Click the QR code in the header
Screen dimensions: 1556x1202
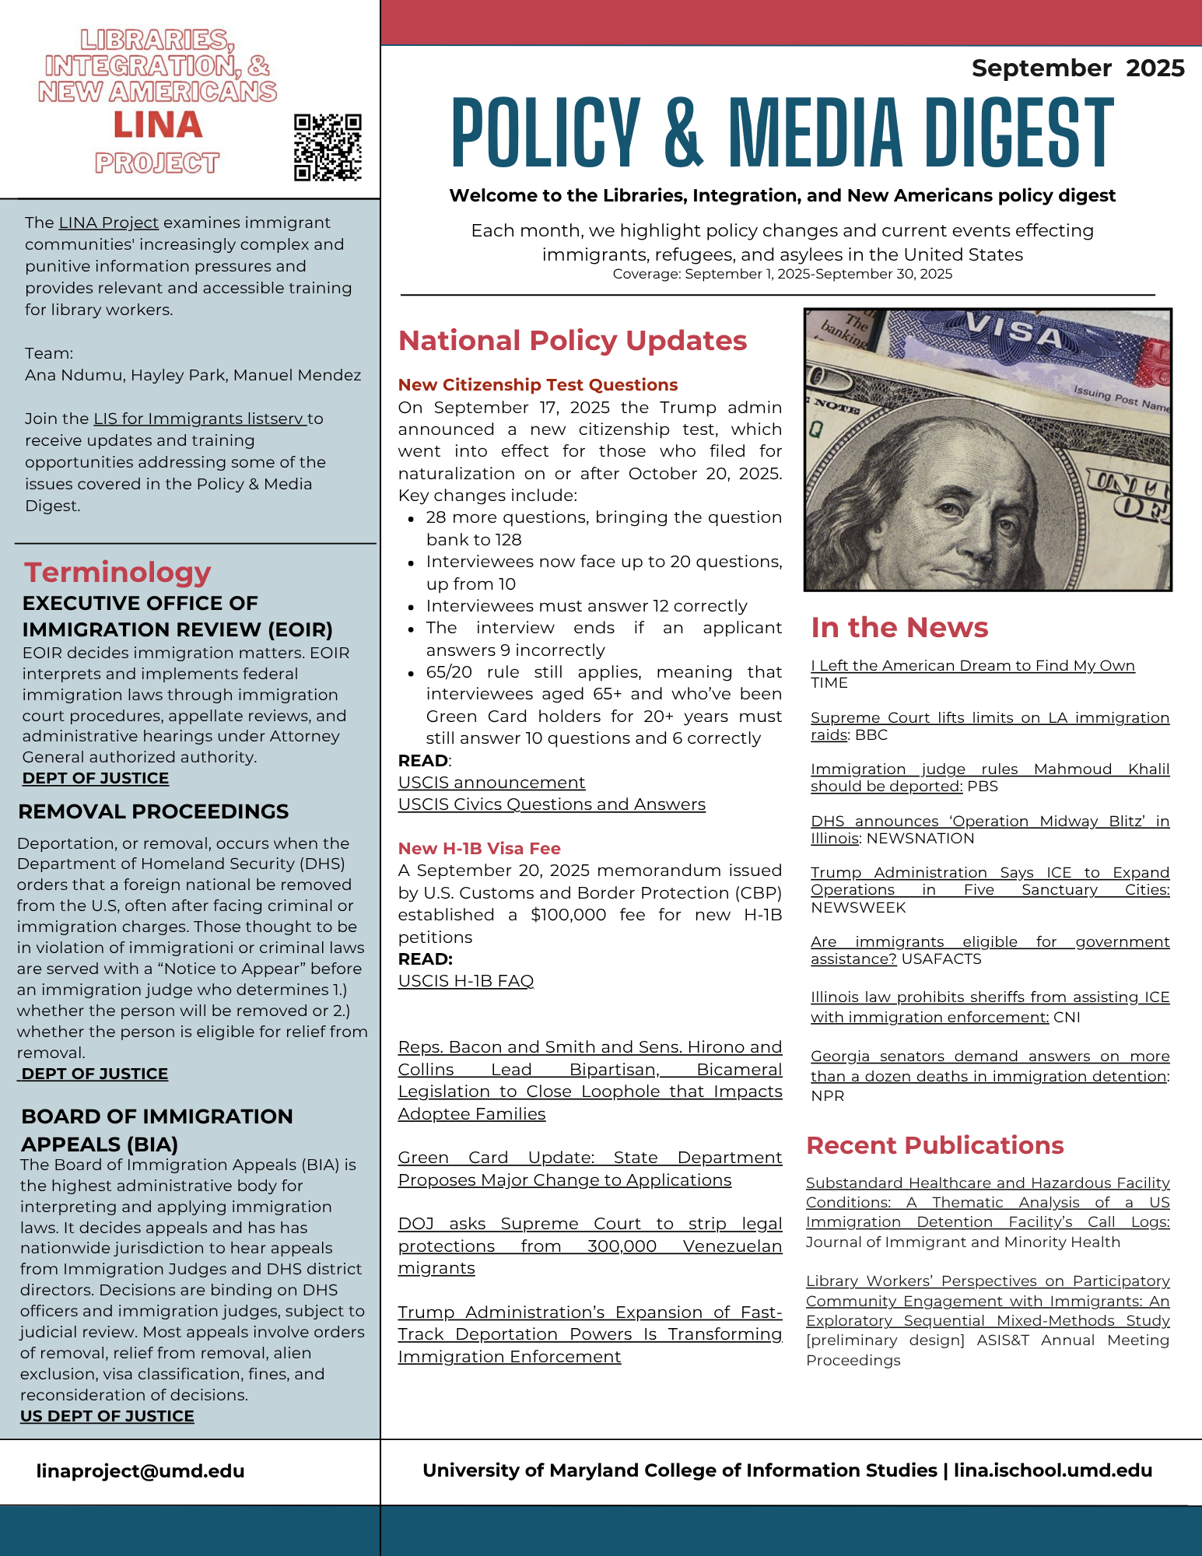coord(328,147)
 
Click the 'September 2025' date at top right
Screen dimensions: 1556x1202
coord(1078,68)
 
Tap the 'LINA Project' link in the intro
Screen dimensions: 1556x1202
coord(109,223)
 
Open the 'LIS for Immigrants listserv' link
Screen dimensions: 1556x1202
coord(198,419)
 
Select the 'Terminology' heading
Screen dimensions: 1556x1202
coord(117,573)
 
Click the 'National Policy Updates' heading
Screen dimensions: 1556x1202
coord(572,341)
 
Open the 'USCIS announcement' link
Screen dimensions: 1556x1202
coord(491,783)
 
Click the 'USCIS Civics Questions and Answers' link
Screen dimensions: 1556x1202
coord(552,804)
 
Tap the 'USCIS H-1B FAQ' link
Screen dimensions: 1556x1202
coord(465,981)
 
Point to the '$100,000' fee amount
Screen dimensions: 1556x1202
coord(568,915)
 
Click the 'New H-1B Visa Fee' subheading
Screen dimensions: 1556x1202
coord(479,849)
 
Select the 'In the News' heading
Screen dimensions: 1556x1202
coord(899,628)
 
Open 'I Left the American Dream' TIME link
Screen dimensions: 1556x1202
coord(972,666)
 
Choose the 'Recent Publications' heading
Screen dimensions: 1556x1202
coord(934,1145)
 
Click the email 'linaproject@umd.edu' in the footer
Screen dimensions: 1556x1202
coord(140,1471)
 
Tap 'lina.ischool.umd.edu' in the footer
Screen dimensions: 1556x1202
coord(1053,1470)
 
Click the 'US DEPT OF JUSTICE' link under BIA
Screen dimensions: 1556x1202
coord(107,1416)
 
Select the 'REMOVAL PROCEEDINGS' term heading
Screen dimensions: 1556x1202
coord(153,811)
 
